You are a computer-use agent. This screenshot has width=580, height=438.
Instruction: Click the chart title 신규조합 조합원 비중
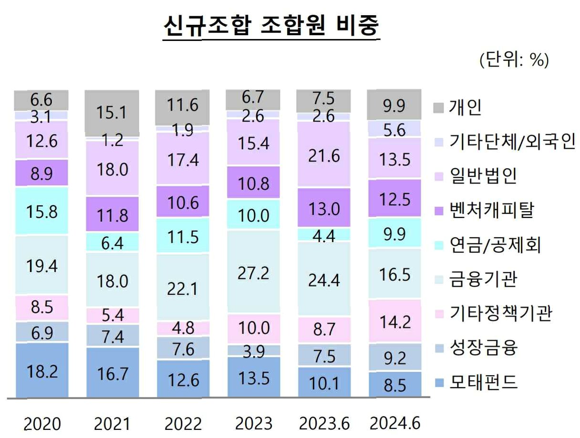click(x=271, y=26)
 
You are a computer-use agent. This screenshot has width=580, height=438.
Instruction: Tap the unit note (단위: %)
click(x=514, y=60)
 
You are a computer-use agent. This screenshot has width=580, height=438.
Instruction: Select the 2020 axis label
click(x=42, y=424)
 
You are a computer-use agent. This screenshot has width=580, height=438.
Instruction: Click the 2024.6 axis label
click(x=395, y=423)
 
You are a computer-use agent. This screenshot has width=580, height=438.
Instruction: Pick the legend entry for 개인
click(x=457, y=107)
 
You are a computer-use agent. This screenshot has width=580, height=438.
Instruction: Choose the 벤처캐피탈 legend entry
click(x=484, y=210)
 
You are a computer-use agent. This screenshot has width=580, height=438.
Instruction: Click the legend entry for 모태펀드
click(x=476, y=383)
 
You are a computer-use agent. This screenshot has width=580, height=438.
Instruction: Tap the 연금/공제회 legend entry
click(x=488, y=245)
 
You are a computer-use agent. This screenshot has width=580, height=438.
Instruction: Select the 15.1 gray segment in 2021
click(x=112, y=113)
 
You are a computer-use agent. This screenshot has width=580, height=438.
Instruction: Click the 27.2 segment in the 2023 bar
click(x=253, y=272)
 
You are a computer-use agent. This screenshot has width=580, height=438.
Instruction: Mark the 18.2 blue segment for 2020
click(x=42, y=370)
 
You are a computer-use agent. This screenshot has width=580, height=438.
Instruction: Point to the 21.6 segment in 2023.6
click(x=324, y=154)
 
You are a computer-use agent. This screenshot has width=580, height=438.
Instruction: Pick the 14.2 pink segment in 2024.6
click(x=395, y=321)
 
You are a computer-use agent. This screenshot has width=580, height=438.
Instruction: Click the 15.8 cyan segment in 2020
click(x=41, y=211)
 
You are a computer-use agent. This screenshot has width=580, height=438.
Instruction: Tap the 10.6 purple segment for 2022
click(x=183, y=202)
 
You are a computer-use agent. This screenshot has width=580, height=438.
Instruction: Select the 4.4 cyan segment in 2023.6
click(x=324, y=234)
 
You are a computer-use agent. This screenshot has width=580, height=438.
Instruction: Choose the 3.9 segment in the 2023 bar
click(x=254, y=350)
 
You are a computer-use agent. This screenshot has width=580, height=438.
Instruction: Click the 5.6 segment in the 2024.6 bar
click(x=395, y=129)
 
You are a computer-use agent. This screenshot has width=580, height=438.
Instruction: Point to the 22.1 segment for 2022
click(x=183, y=287)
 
